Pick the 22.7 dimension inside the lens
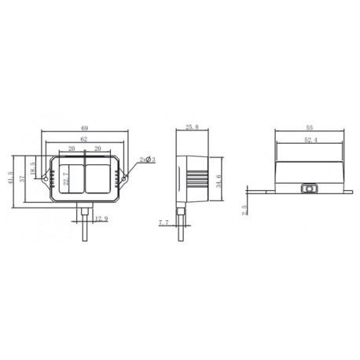click(65, 179)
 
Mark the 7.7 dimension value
click(163, 224)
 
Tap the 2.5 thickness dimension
click(244, 208)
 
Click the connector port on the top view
click(310, 189)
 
